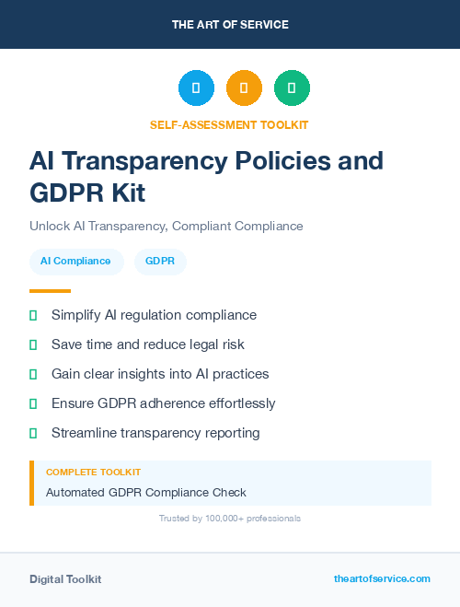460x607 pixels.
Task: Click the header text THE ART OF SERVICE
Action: click(x=230, y=24)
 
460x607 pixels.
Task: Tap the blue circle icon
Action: click(x=196, y=88)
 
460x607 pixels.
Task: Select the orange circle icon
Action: click(x=244, y=88)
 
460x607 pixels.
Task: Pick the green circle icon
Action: click(x=292, y=88)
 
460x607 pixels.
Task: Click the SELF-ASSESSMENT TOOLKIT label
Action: click(x=229, y=124)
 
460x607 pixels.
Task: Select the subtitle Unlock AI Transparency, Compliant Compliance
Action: click(x=166, y=226)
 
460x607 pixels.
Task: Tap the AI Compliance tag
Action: click(x=76, y=262)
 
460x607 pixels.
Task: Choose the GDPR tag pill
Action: click(x=160, y=262)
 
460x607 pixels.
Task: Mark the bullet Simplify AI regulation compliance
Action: click(x=154, y=315)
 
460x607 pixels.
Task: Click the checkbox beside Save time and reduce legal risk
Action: click(x=33, y=344)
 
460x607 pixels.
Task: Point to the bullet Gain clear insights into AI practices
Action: click(x=160, y=374)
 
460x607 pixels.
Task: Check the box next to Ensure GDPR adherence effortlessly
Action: click(x=33, y=403)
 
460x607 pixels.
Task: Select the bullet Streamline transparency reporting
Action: click(x=155, y=433)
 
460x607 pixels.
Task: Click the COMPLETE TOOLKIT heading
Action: click(x=93, y=472)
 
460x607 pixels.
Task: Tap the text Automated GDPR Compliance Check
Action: click(x=146, y=492)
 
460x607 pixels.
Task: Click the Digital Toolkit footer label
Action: click(x=65, y=579)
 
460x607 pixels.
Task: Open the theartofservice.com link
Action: click(x=382, y=578)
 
